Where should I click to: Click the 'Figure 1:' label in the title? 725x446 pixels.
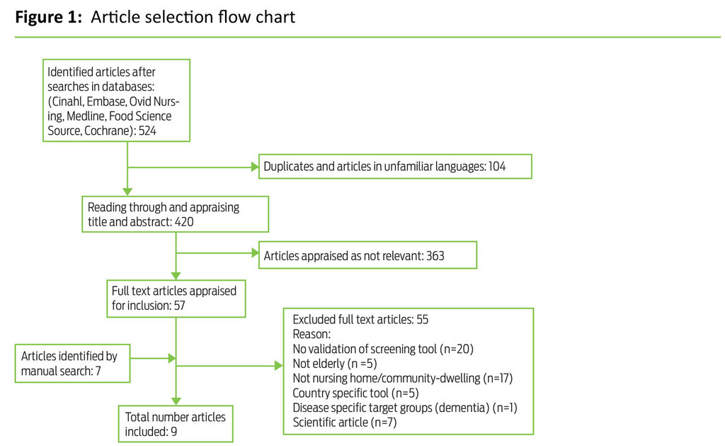[48, 17]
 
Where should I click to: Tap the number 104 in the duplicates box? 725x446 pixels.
[497, 167]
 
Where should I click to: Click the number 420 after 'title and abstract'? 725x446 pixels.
[180, 221]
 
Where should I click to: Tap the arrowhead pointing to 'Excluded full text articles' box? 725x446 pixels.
[278, 367]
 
